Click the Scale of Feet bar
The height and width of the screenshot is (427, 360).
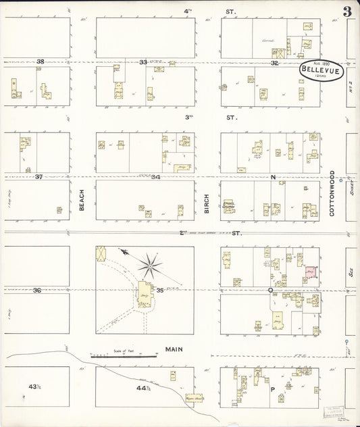tap(125, 354)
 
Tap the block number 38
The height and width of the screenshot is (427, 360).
tap(40, 62)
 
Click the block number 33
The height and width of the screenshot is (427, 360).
tap(143, 62)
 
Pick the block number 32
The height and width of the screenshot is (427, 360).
tap(274, 63)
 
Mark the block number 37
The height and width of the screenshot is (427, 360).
tap(39, 177)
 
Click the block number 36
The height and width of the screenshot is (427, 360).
tap(38, 290)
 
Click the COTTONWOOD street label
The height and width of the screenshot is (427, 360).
tap(332, 193)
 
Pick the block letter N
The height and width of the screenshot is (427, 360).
tap(274, 177)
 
